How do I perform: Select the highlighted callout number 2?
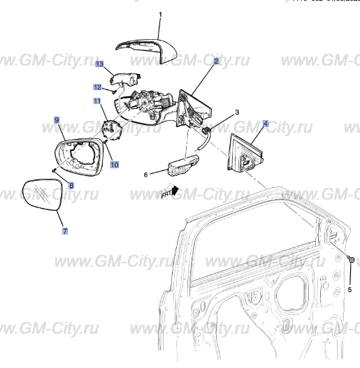[x=217, y=61]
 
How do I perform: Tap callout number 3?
[x=237, y=112]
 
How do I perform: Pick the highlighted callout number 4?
[x=266, y=124]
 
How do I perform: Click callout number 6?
[x=146, y=175]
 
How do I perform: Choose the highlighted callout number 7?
[x=65, y=230]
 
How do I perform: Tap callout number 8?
[x=71, y=186]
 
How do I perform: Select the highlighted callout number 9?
[x=57, y=121]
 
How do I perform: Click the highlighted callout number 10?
[x=114, y=165]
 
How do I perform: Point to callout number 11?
[x=99, y=103]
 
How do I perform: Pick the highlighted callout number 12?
[x=98, y=87]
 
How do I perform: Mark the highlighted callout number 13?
[x=99, y=64]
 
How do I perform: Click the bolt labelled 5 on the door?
[x=350, y=260]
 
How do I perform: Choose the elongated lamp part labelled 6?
[x=183, y=165]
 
